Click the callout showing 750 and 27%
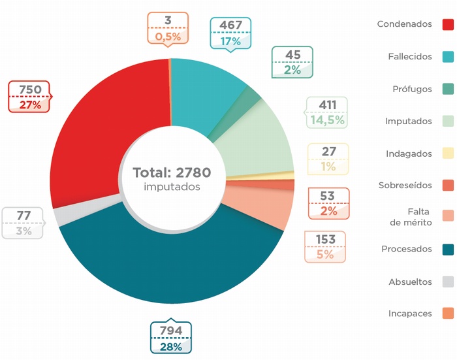[29, 96]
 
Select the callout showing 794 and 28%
[171, 338]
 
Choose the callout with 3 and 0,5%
[168, 28]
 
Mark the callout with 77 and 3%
[24, 223]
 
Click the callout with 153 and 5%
[325, 247]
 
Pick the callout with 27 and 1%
[328, 159]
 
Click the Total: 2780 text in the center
[172, 173]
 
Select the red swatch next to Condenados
[448, 25]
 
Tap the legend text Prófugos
[412, 89]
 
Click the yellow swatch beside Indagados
[448, 154]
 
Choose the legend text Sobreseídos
[405, 186]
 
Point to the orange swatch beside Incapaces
[448, 314]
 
